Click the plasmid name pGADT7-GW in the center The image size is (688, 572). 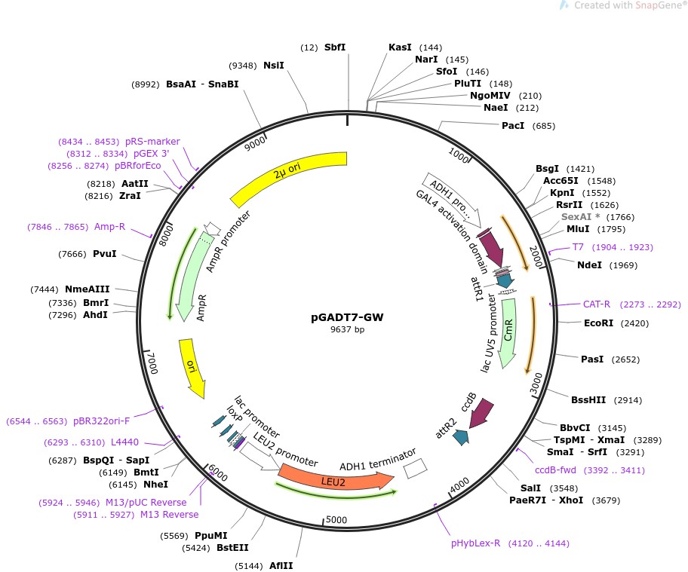click(347, 317)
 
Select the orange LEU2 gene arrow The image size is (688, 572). click(336, 480)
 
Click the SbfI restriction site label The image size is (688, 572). click(335, 47)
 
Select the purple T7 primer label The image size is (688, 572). click(579, 247)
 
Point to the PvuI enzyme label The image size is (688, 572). click(105, 254)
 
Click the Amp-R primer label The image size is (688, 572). click(109, 227)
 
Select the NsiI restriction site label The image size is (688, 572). click(273, 66)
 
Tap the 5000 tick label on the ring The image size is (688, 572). click(336, 519)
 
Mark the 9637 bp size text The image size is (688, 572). click(347, 330)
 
